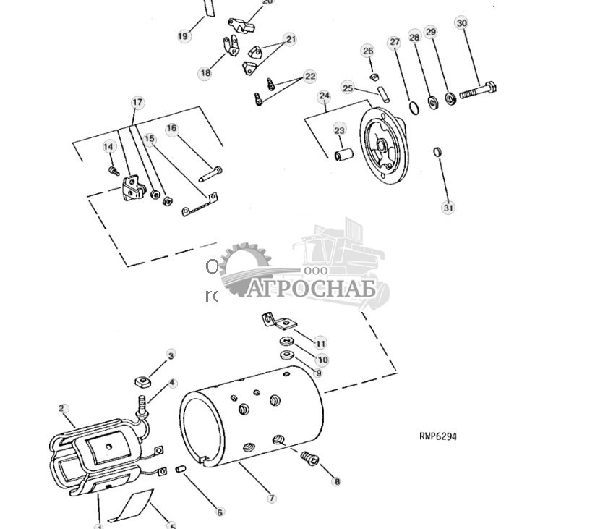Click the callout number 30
(x=462, y=23)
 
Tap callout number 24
(x=324, y=96)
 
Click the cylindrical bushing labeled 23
(x=343, y=155)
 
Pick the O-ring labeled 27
(x=413, y=108)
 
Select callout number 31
(x=448, y=208)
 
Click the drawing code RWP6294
(x=438, y=436)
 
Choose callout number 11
(x=320, y=343)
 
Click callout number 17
(x=137, y=103)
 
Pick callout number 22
(x=310, y=76)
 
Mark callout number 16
(x=171, y=129)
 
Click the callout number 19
(x=183, y=35)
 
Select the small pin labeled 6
(x=182, y=471)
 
